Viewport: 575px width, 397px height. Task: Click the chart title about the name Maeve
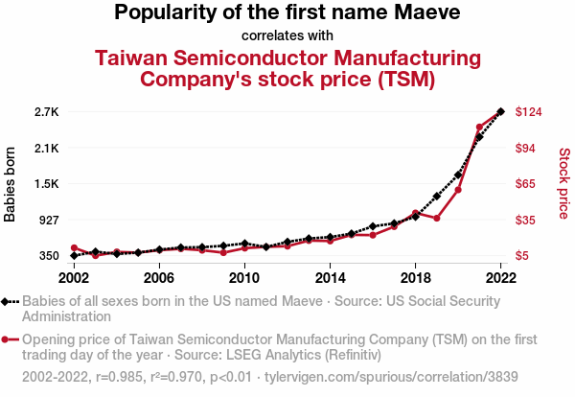(287, 13)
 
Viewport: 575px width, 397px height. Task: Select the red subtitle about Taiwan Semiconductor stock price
(287, 68)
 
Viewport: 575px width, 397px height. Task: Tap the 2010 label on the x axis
(244, 278)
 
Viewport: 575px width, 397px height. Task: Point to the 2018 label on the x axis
(415, 278)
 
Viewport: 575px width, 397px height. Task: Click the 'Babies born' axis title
(11, 184)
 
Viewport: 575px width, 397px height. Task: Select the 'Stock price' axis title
(563, 182)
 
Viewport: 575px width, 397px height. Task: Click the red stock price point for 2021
(479, 127)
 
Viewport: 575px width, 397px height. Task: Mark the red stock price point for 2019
(437, 219)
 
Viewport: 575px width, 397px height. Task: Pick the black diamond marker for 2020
(458, 175)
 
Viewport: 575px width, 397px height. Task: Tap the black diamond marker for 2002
(74, 256)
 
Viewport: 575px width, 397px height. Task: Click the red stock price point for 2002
(74, 248)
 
